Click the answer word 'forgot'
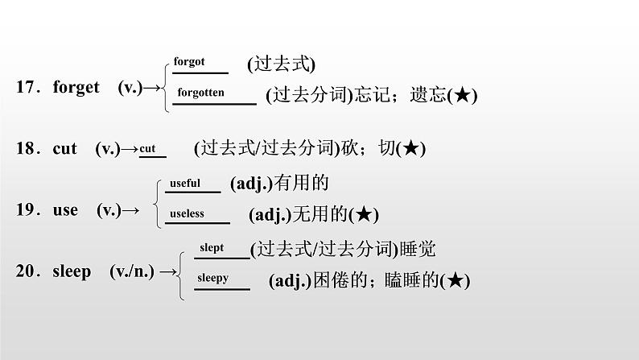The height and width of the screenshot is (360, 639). pyautogui.click(x=189, y=62)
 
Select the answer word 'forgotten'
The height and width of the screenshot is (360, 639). pyautogui.click(x=200, y=93)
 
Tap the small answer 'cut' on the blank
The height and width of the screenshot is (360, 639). pyautogui.click(x=147, y=148)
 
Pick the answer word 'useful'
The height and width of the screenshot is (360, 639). pyautogui.click(x=184, y=183)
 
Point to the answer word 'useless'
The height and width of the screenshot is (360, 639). pyautogui.click(x=187, y=213)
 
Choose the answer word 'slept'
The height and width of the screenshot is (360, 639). pyautogui.click(x=212, y=248)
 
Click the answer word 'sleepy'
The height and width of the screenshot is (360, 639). pyautogui.click(x=213, y=278)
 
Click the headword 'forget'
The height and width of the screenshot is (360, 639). pyautogui.click(x=76, y=88)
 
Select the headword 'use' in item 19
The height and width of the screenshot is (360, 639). pyautogui.click(x=65, y=210)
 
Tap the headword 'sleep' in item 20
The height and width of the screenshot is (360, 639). pyautogui.click(x=72, y=271)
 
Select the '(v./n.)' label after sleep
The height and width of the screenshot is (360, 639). pyautogui.click(x=132, y=271)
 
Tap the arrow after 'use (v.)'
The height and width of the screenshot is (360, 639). pyautogui.click(x=130, y=211)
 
